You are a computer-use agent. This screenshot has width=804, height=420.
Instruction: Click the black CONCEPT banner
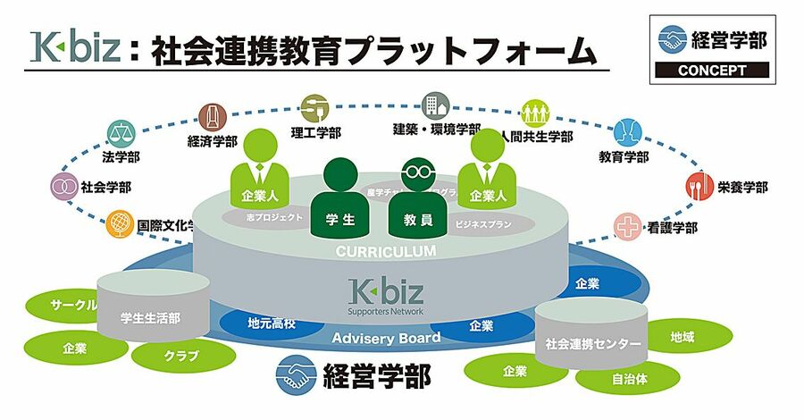coord(712,70)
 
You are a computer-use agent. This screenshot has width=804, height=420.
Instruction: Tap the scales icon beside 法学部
coord(119,133)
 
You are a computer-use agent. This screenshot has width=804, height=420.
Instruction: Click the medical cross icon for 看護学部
coord(628,226)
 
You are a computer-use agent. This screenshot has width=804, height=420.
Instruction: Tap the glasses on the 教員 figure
coord(415,167)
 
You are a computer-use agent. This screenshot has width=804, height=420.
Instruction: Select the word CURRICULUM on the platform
coord(386,252)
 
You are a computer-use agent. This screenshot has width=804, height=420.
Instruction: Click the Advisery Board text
coord(386,338)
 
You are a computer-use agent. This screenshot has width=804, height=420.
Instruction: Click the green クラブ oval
coord(175,355)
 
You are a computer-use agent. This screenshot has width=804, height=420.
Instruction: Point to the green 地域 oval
coord(682,338)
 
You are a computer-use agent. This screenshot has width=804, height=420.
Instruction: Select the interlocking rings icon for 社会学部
coord(63,187)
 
